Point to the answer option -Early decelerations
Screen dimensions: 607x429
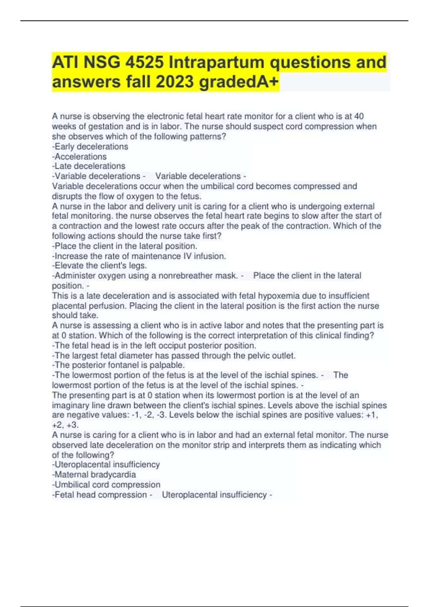pyautogui.click(x=90, y=147)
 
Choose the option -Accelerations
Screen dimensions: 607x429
pyautogui.click(x=79, y=157)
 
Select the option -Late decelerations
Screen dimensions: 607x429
pyautogui.click(x=89, y=166)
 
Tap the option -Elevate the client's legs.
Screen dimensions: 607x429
pyautogui.click(x=99, y=266)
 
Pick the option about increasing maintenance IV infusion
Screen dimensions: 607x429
pyautogui.click(x=139, y=256)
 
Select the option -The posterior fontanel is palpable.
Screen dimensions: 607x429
pyautogui.click(x=118, y=365)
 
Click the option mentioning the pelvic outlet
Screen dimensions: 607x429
pyautogui.click(x=174, y=356)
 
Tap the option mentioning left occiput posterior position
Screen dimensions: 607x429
pyautogui.click(x=154, y=346)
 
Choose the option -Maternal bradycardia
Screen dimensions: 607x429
pyautogui.click(x=94, y=475)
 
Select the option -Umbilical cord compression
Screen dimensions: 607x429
pyautogui.click(x=106, y=485)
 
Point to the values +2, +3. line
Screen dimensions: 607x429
pyautogui.click(x=65, y=425)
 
